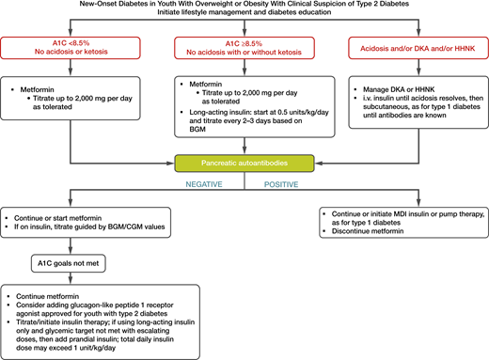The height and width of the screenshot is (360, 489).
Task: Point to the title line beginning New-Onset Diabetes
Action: (x=244, y=8)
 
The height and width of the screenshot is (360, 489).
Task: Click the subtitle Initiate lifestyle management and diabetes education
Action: (x=244, y=19)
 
